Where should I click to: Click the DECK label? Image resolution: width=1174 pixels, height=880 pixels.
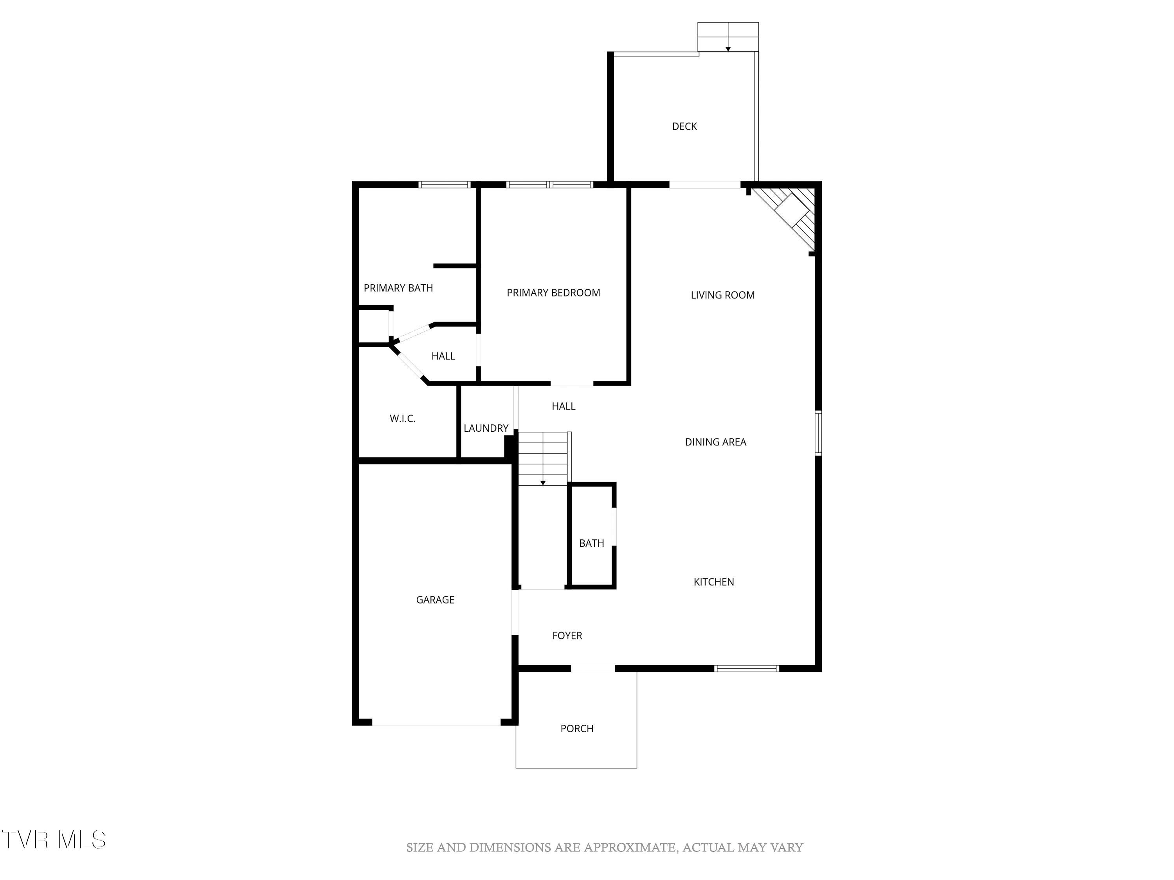pos(684,126)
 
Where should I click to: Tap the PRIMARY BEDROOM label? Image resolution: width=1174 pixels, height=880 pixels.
pos(553,293)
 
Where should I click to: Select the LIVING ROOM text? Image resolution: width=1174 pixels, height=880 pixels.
pos(722,295)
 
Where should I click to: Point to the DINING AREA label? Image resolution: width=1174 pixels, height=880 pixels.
pos(715,442)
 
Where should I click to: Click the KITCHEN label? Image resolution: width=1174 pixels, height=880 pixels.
pos(714,582)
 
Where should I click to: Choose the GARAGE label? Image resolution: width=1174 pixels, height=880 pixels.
pos(435,600)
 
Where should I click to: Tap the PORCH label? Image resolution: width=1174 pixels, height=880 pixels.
pos(577,729)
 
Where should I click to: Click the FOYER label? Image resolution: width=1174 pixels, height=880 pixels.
pos(567,636)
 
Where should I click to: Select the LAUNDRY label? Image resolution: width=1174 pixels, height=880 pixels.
pos(486,428)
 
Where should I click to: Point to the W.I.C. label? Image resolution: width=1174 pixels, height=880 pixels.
pos(402,418)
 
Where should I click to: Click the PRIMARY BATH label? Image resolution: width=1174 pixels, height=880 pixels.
pos(398,288)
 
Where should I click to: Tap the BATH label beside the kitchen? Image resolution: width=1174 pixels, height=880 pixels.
pos(591,543)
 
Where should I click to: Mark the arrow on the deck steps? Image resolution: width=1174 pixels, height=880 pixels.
pos(728,48)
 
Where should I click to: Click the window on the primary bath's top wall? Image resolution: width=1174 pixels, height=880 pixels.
pos(444,185)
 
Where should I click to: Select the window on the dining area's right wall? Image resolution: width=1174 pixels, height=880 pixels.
pos(818,433)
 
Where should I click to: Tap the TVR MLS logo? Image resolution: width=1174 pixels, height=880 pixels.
pos(53,840)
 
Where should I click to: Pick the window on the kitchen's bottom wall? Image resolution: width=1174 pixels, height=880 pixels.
pos(747,668)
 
